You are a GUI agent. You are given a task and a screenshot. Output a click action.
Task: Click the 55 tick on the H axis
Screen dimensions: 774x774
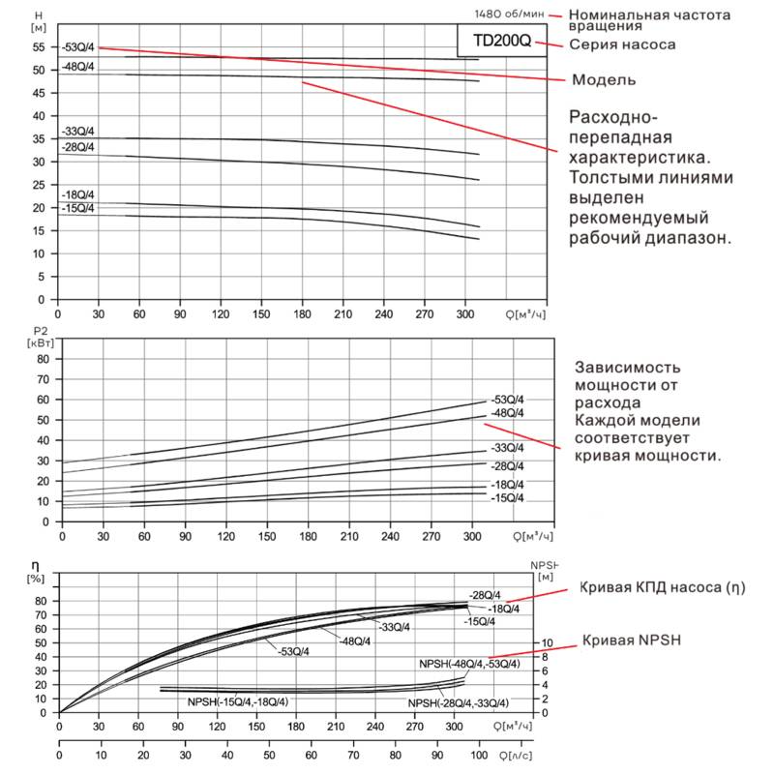(x=39, y=47)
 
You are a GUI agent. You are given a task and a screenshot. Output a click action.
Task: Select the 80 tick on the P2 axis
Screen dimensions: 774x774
(x=43, y=358)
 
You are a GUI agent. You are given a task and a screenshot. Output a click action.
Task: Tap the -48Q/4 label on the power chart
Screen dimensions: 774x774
(x=507, y=413)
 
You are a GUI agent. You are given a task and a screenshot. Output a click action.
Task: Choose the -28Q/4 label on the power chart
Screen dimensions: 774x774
(x=507, y=465)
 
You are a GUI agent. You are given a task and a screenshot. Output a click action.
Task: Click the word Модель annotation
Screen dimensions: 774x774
(x=605, y=79)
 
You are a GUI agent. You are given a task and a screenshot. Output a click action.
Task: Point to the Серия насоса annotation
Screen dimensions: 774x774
(x=621, y=45)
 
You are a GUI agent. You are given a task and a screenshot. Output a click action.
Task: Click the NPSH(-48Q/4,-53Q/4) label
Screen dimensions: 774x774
(x=469, y=664)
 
